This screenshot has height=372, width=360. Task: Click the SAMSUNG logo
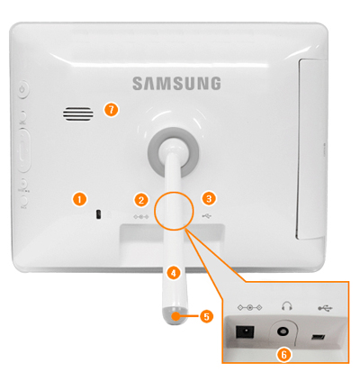tap(176, 83)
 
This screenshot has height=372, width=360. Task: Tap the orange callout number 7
tap(112, 110)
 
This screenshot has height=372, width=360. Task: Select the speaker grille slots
tap(78, 113)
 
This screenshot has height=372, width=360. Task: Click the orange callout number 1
tap(79, 199)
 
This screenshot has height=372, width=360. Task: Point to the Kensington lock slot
tap(98, 214)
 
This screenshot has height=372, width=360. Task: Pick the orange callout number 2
tap(141, 200)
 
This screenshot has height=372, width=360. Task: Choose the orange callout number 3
tap(209, 198)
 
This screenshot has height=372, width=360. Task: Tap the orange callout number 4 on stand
tap(174, 273)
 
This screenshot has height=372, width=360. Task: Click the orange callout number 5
tap(207, 316)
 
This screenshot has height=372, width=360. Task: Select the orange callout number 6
tap(283, 355)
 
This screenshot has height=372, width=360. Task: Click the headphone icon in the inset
tap(287, 306)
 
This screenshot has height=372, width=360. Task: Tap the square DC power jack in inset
tap(245, 332)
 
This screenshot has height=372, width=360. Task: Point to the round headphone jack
tap(283, 331)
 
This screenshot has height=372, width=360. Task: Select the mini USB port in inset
tap(319, 338)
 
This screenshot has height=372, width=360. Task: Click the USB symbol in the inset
tap(325, 308)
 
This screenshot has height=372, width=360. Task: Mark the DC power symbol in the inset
tap(249, 307)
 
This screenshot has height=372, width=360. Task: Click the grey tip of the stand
tap(175, 316)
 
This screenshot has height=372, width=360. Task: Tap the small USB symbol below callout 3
tap(206, 215)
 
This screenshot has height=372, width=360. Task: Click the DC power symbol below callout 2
tap(140, 216)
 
